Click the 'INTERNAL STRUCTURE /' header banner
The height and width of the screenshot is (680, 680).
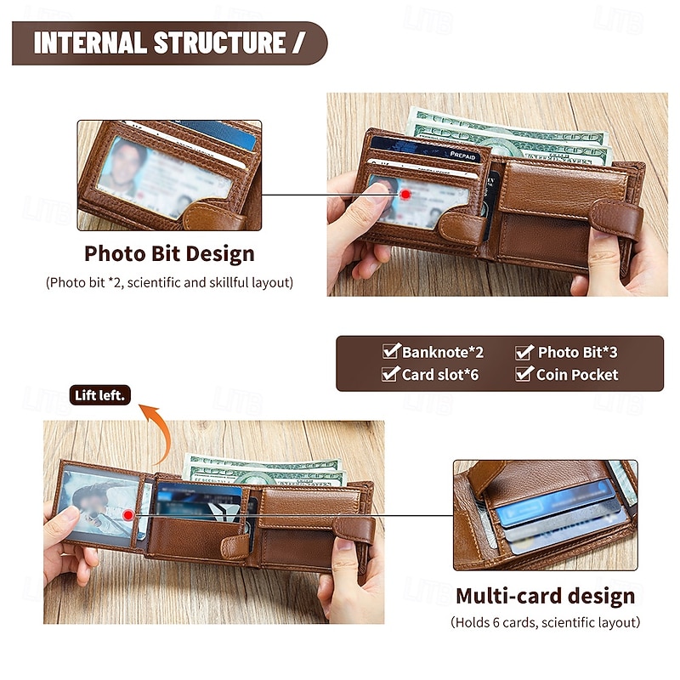tap(169, 43)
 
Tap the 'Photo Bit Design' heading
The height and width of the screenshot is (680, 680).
tap(169, 253)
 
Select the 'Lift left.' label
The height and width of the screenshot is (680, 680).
tap(99, 395)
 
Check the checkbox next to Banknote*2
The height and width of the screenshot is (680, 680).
tap(391, 351)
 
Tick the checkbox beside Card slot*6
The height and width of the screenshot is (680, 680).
tap(390, 374)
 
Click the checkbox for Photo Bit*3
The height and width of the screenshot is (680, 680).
tap(524, 352)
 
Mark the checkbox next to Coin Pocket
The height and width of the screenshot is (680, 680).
tap(524, 374)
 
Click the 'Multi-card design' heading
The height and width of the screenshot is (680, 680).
tap(545, 597)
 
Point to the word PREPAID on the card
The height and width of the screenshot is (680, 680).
tap(462, 156)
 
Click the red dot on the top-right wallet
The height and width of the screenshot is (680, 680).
tap(405, 195)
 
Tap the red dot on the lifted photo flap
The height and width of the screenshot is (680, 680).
tap(127, 515)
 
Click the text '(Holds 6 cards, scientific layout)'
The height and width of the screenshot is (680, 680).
tap(545, 622)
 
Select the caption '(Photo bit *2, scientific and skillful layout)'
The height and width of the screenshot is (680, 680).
tap(169, 283)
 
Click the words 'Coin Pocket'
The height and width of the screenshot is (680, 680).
tap(577, 374)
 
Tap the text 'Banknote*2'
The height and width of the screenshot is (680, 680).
tap(442, 352)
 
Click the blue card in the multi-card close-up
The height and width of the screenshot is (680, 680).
tap(555, 503)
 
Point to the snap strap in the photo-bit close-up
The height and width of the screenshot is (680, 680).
tap(212, 216)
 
